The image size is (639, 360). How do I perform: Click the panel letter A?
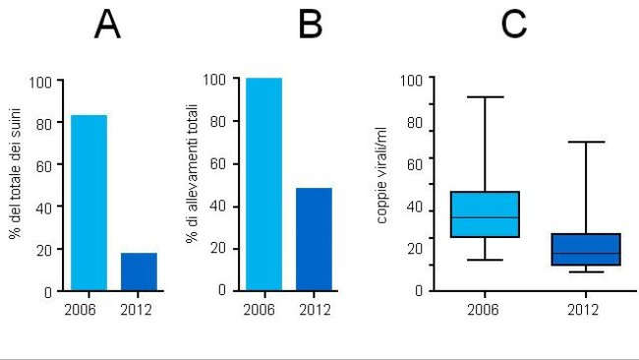point(107,27)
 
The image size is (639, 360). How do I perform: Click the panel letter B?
point(311,27)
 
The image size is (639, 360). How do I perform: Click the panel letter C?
point(514,27)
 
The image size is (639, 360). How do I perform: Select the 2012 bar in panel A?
point(139,271)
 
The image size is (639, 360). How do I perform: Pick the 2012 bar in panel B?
point(314,239)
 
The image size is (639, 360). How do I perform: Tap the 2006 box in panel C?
point(485,214)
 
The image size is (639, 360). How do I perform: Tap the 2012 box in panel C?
point(585,250)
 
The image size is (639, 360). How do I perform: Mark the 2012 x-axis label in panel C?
point(585,308)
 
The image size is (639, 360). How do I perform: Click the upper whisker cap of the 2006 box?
point(485,96)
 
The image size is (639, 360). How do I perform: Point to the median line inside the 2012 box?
point(585,254)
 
